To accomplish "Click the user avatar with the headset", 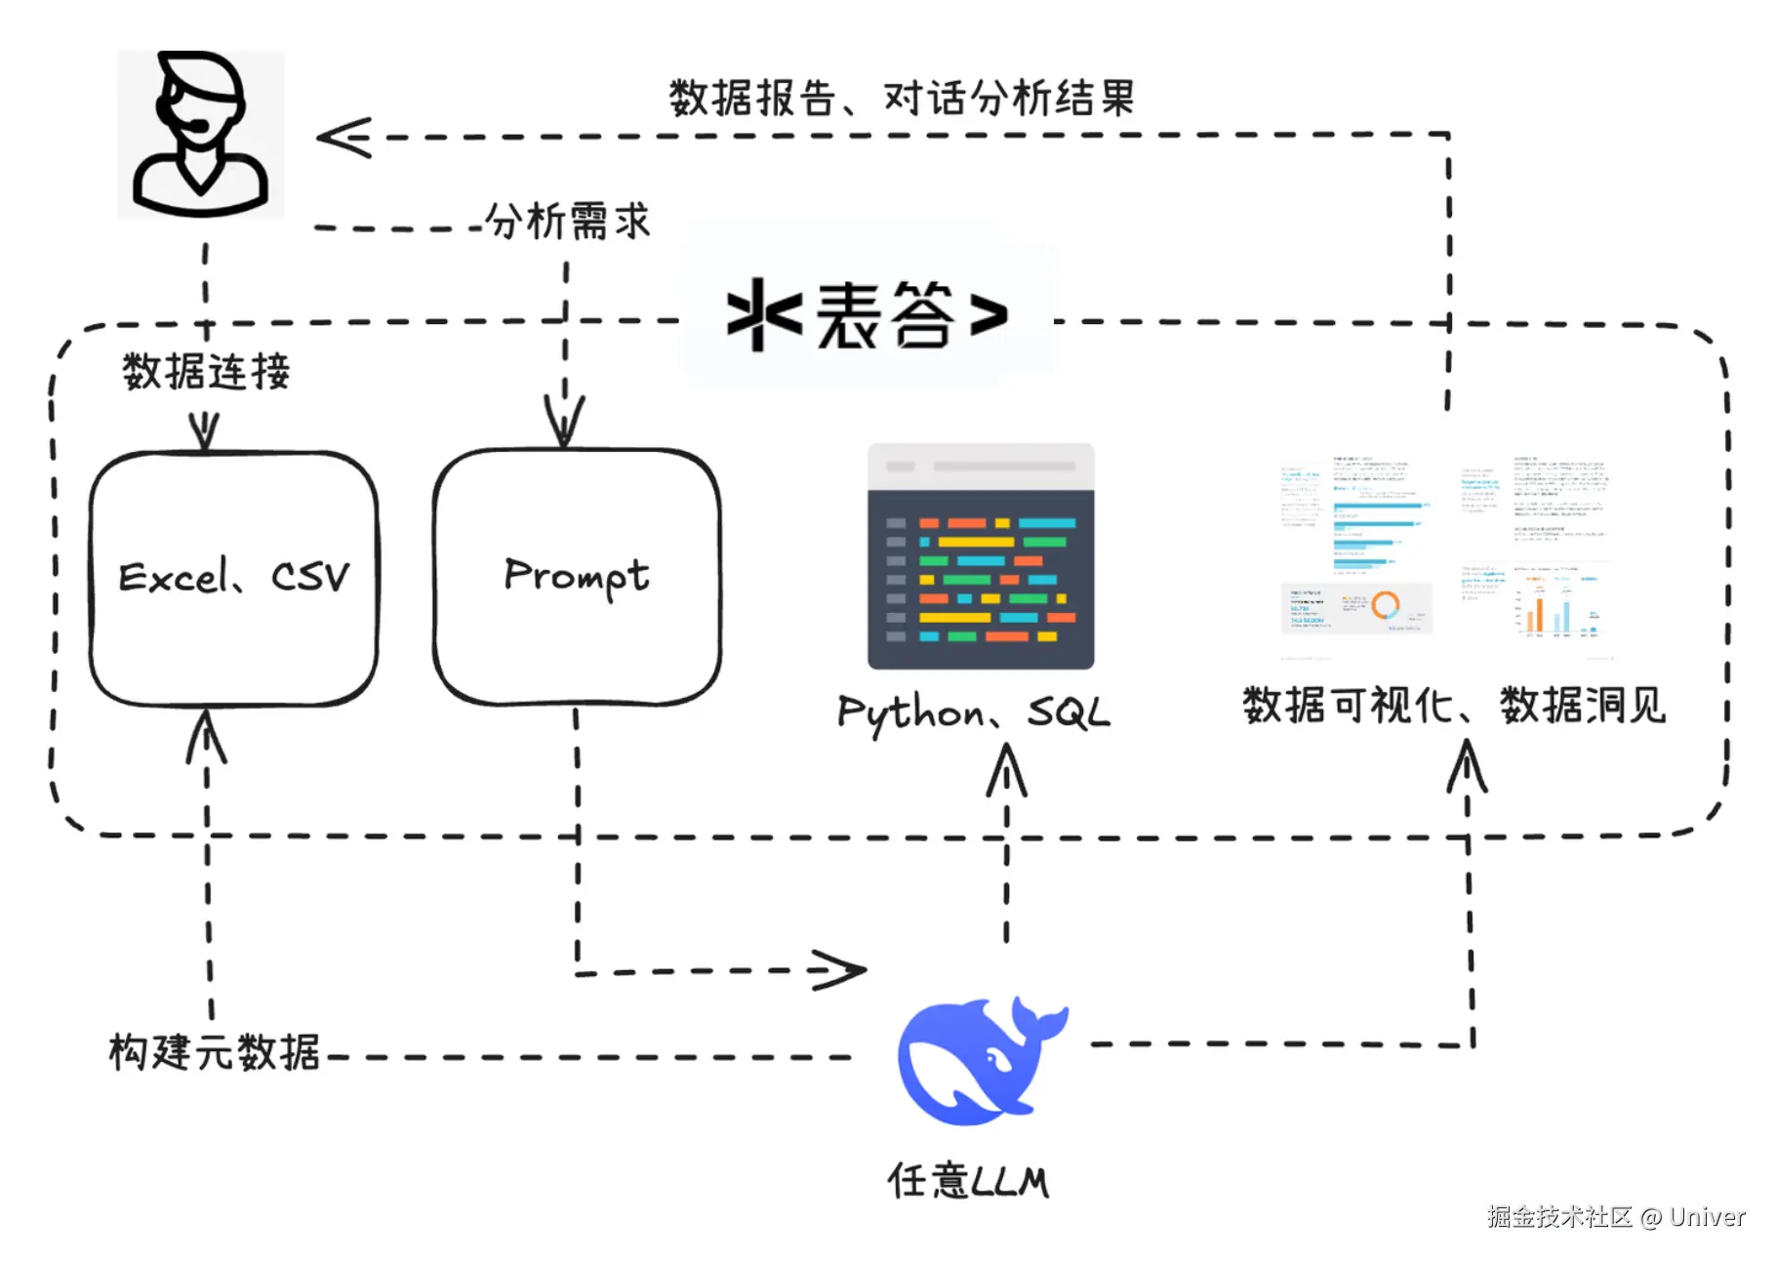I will pyautogui.click(x=200, y=134).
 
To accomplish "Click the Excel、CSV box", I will pyautogui.click(x=233, y=577).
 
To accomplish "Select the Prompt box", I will pyautogui.click(x=576, y=576).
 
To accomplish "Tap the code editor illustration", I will pyautogui.click(x=980, y=556).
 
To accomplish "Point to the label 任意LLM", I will pyautogui.click(x=967, y=1181).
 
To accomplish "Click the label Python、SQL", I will pyautogui.click(x=973, y=712).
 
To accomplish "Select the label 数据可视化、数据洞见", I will pyautogui.click(x=1453, y=705).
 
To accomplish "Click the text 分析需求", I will pyautogui.click(x=567, y=221).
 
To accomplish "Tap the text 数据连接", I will pyautogui.click(x=206, y=372).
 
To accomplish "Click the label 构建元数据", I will pyautogui.click(x=215, y=1052).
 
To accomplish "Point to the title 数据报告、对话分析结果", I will pyautogui.click(x=902, y=98).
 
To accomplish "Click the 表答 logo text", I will pyautogui.click(x=868, y=315).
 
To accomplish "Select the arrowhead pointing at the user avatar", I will pyautogui.click(x=343, y=137).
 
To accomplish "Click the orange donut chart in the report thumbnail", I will pyautogui.click(x=1386, y=605).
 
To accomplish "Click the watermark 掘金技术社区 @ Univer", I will pyautogui.click(x=1615, y=1217).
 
